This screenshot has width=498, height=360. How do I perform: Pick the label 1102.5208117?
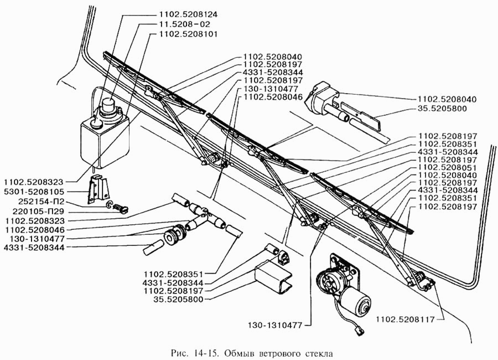point(404,319)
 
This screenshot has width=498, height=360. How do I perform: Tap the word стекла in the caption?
point(320,352)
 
